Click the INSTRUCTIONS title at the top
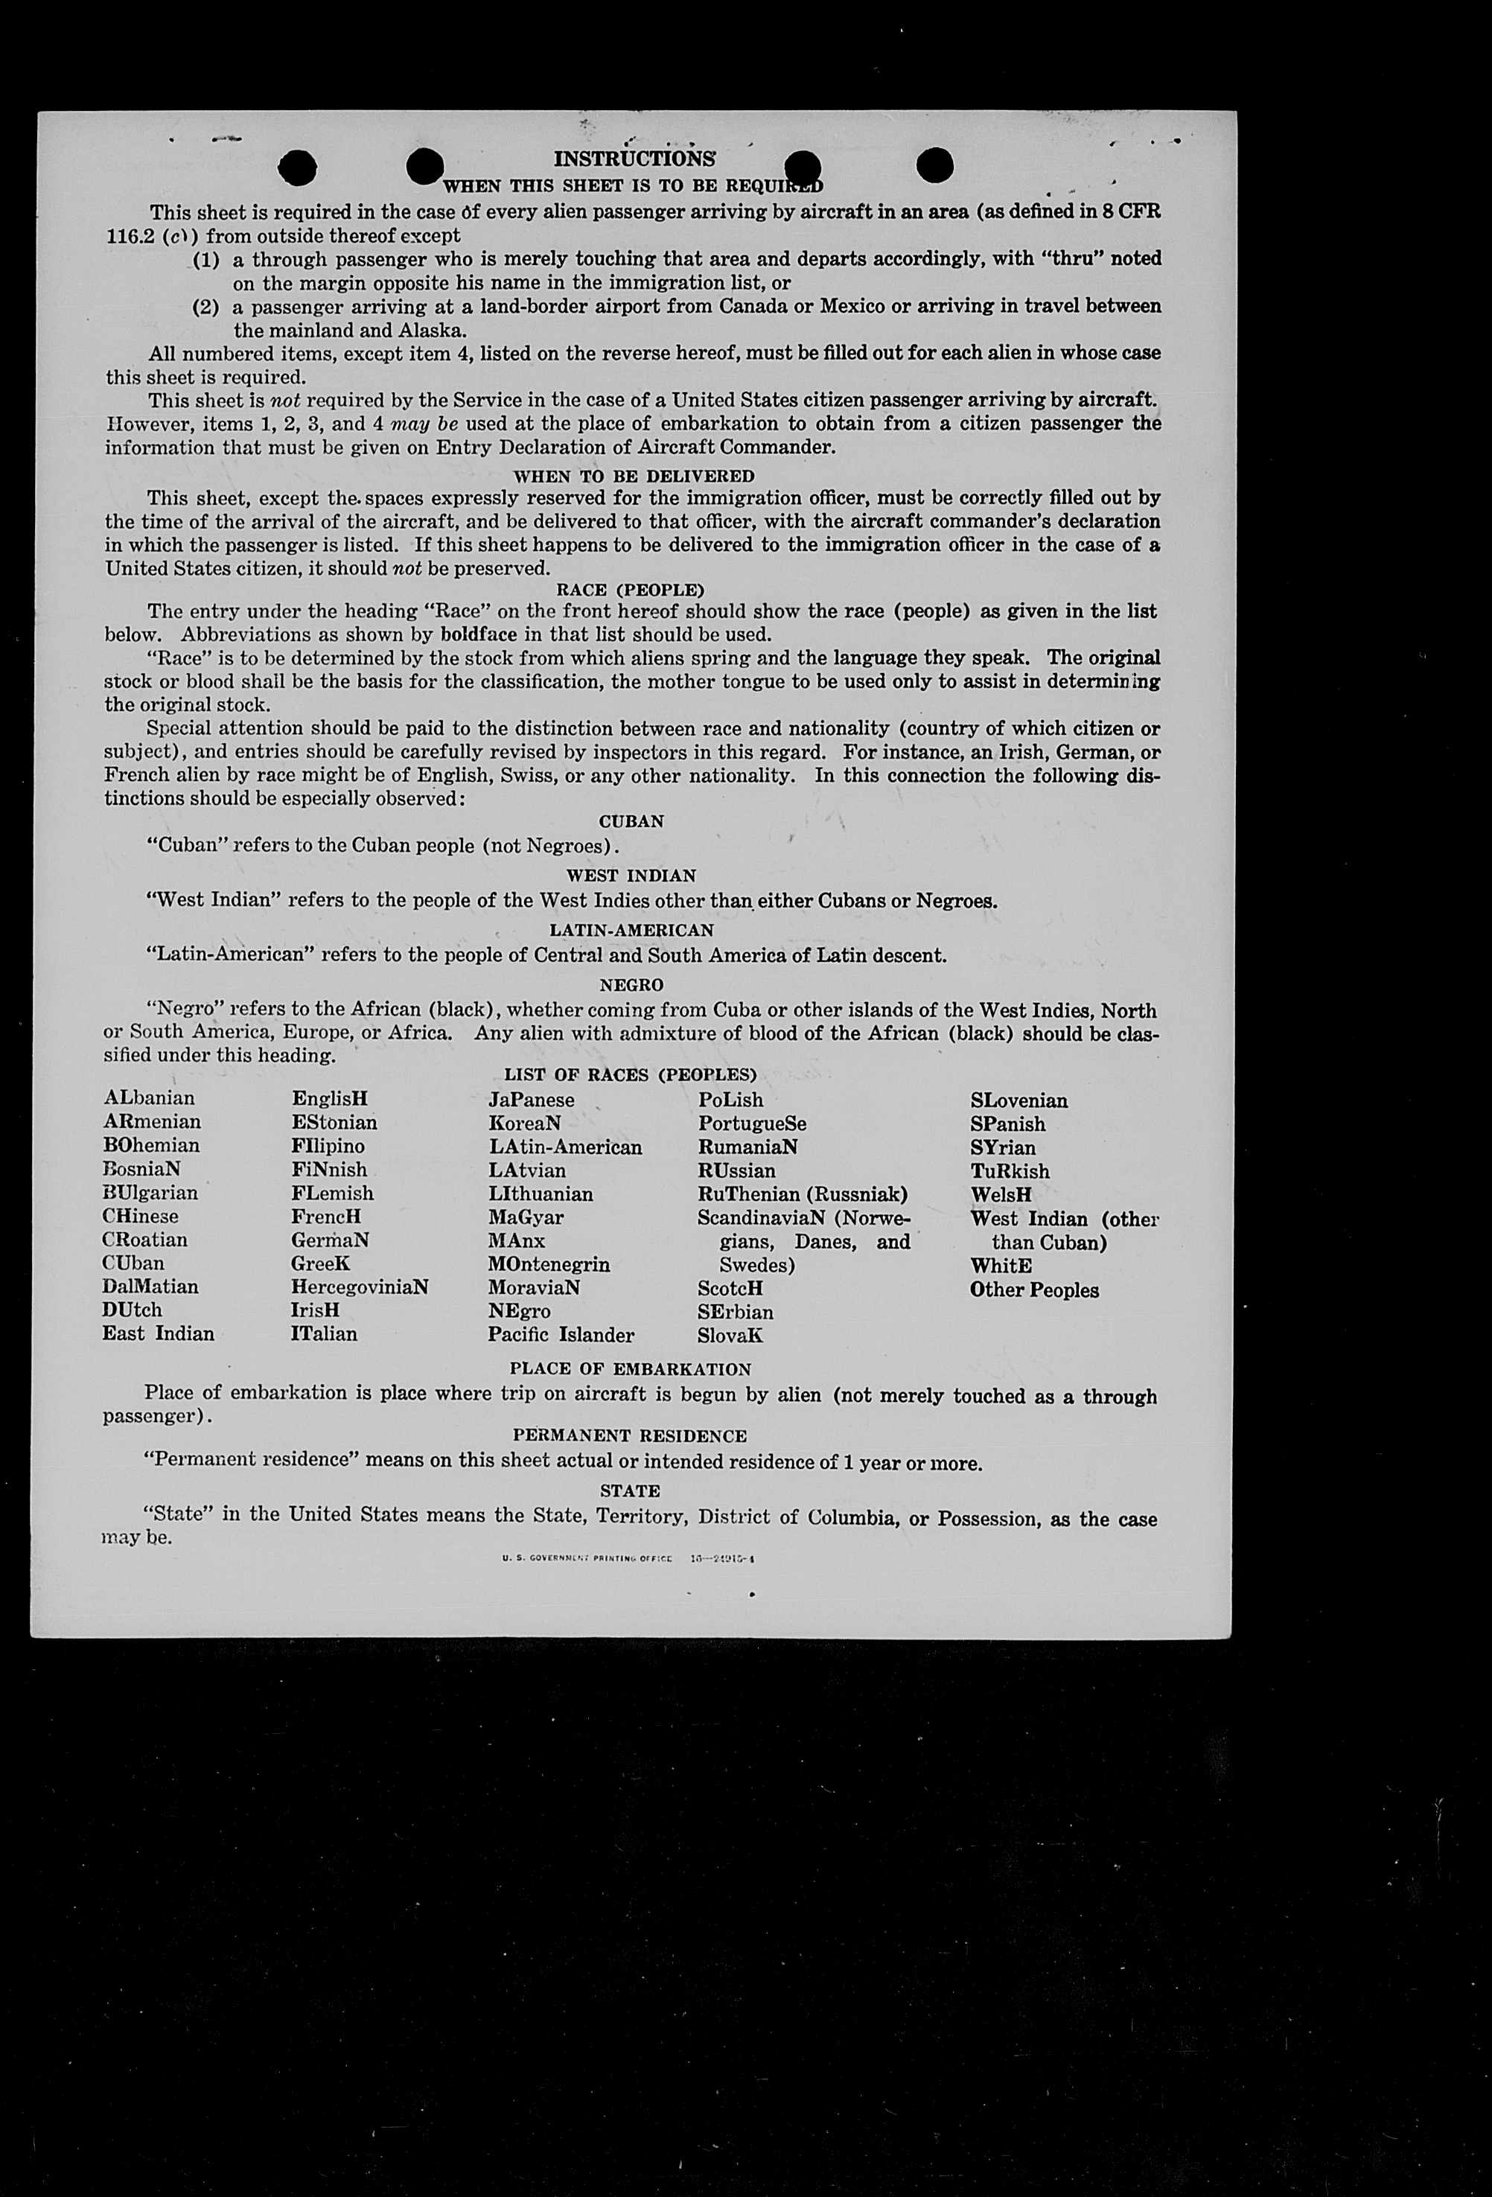pyautogui.click(x=634, y=159)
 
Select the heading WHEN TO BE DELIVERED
pyautogui.click(x=634, y=476)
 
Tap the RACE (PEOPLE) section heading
pyautogui.click(x=630, y=590)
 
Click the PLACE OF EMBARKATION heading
pyautogui.click(x=630, y=1369)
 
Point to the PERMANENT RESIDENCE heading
pyautogui.click(x=630, y=1436)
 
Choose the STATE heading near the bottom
pyautogui.click(x=630, y=1490)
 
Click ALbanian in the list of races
pyautogui.click(x=150, y=1099)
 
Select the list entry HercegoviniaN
pyautogui.click(x=360, y=1287)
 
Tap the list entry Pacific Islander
pyautogui.click(x=561, y=1335)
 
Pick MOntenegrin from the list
pyautogui.click(x=549, y=1265)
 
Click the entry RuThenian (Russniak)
pyautogui.click(x=802, y=1194)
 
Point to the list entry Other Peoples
pyautogui.click(x=1033, y=1290)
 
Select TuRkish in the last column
pyautogui.click(x=1009, y=1171)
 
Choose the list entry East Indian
pyautogui.click(x=158, y=1334)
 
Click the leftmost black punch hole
pyautogui.click(x=297, y=168)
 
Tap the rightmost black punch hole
pyautogui.click(x=934, y=165)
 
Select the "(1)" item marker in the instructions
pyautogui.click(x=206, y=259)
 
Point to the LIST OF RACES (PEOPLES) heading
pyautogui.click(x=630, y=1075)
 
